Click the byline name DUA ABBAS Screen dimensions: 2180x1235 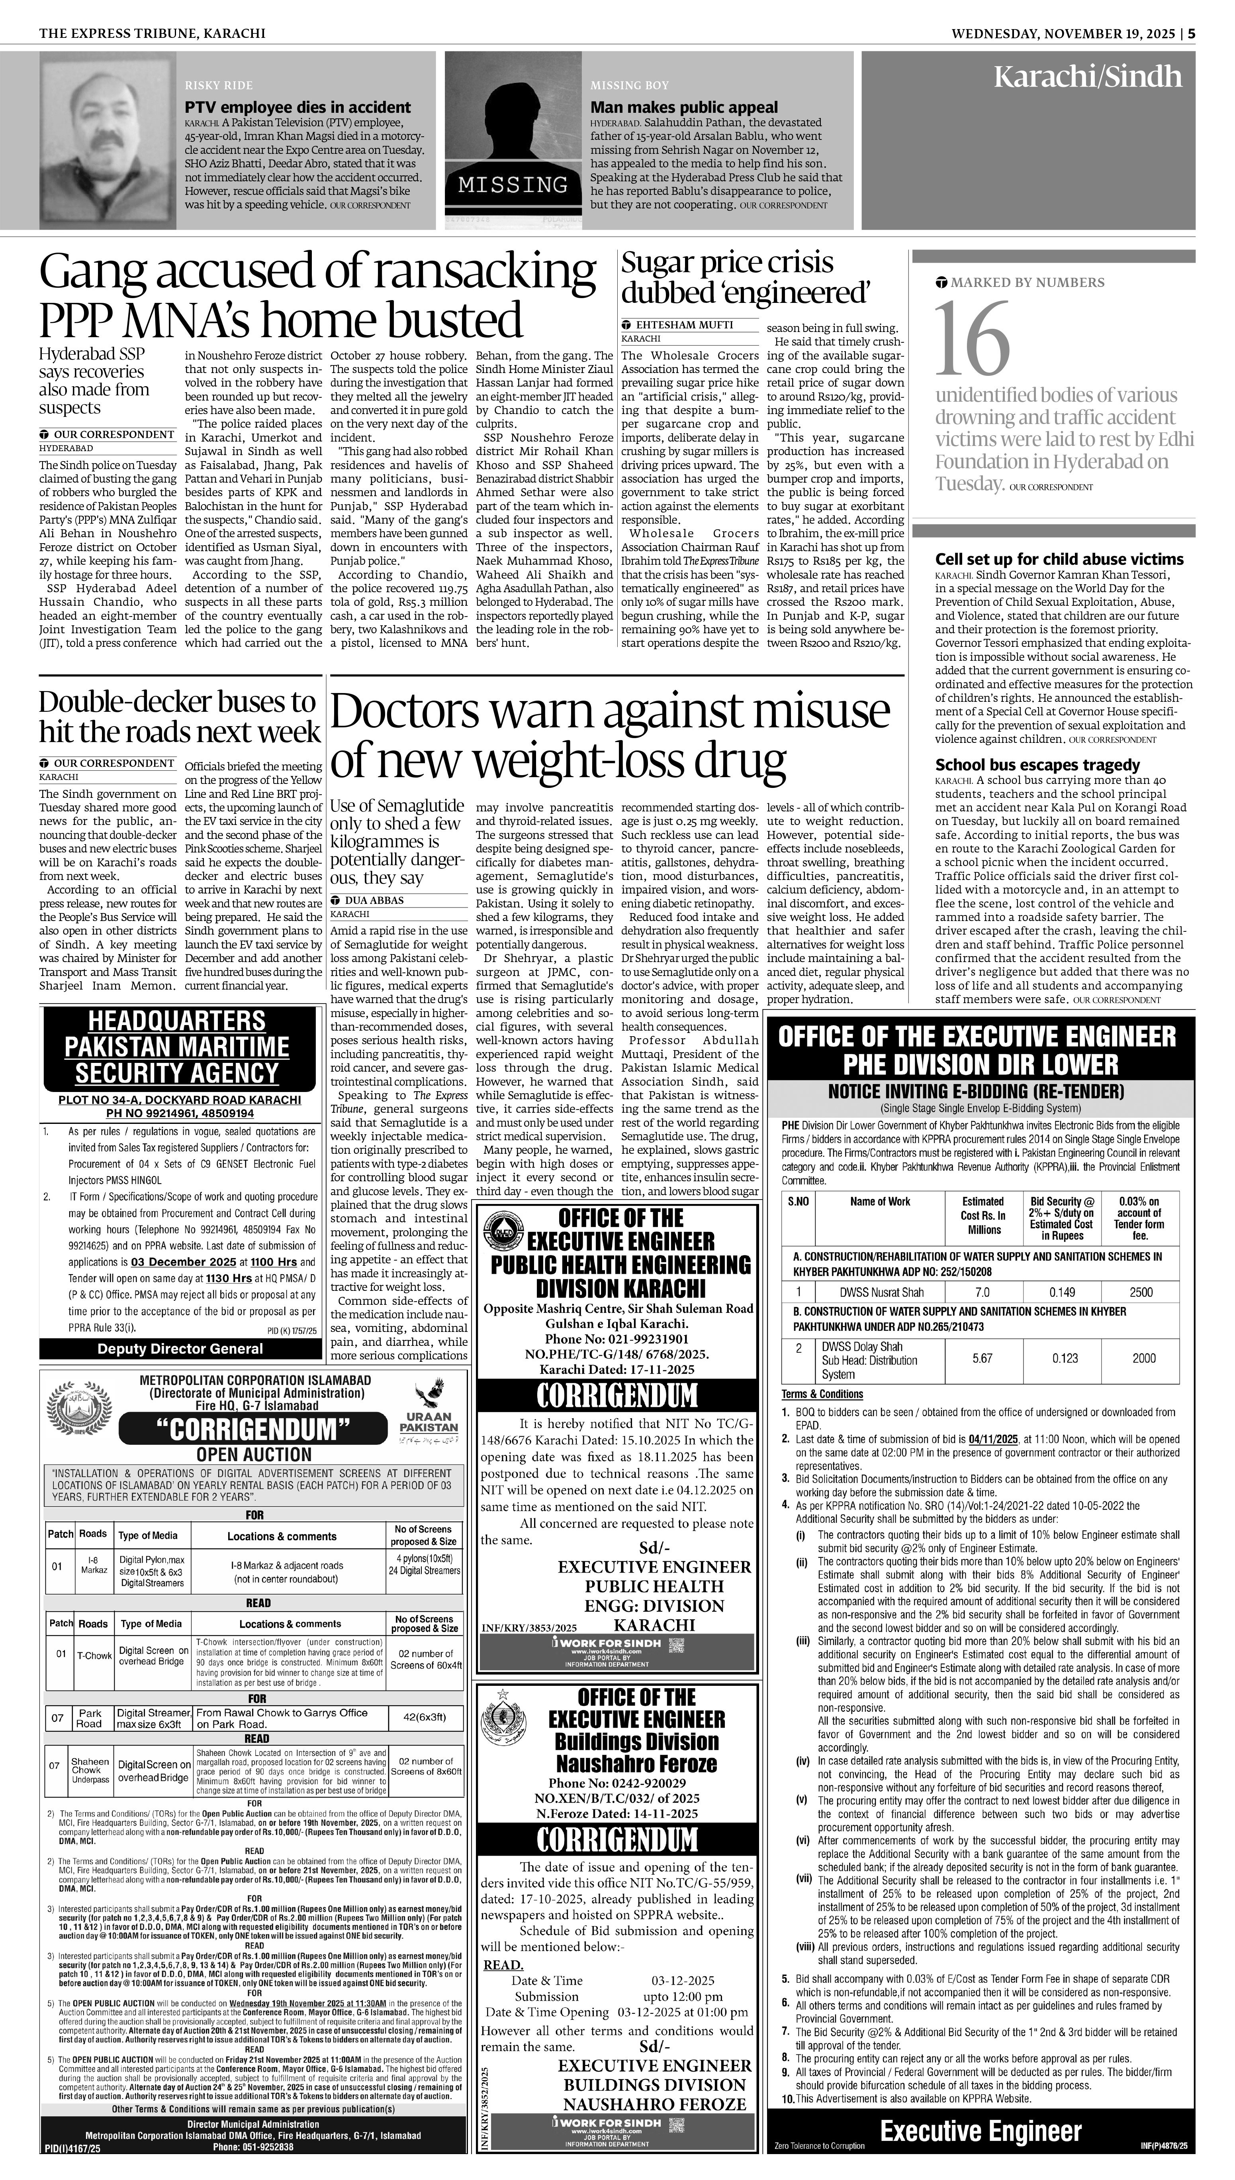point(374,899)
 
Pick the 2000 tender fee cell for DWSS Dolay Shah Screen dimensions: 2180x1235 point(1143,1358)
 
